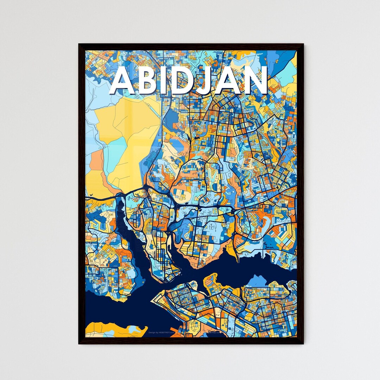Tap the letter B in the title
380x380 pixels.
[148, 81]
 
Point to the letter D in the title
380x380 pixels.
[186, 81]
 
